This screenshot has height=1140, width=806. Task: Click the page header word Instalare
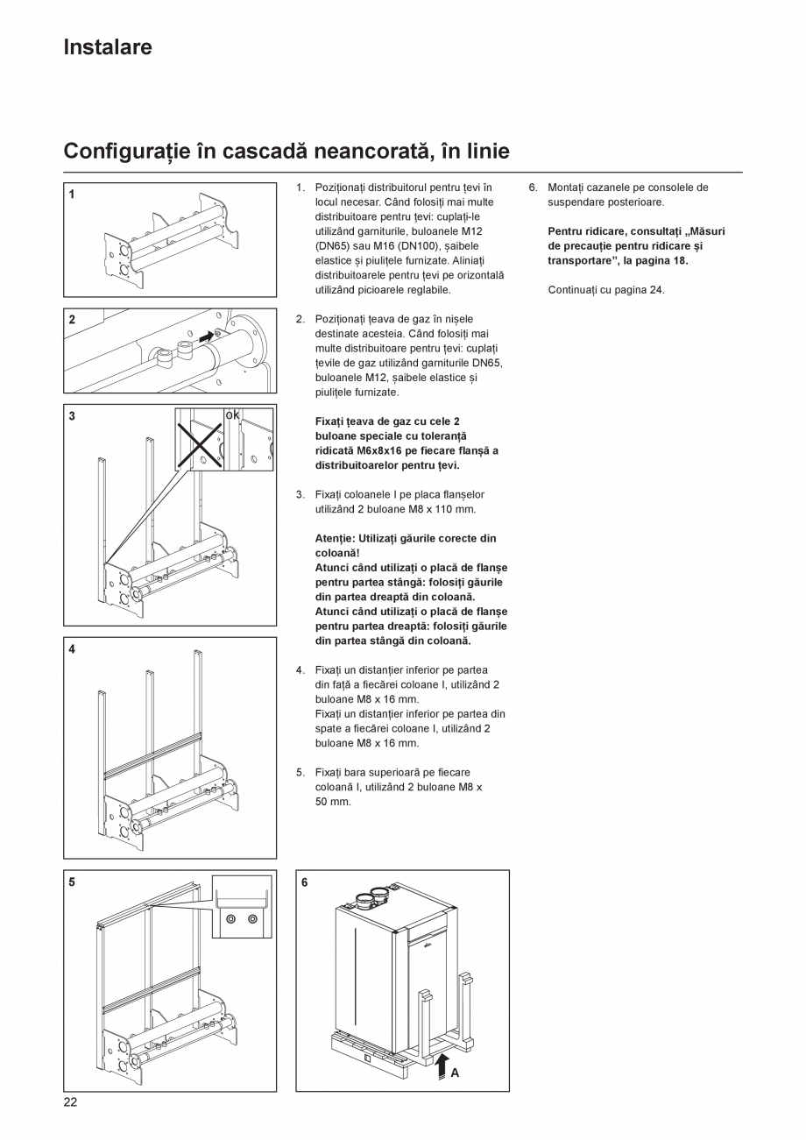[x=107, y=47]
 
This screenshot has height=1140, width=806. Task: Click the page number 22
[x=70, y=1102]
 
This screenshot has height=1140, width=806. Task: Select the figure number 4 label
[x=72, y=649]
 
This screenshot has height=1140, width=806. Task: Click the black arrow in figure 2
[x=205, y=336]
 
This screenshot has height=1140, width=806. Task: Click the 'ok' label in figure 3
[x=232, y=414]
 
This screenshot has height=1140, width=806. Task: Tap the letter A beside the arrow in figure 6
[x=455, y=1072]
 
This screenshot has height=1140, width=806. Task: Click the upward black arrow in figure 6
[x=442, y=1066]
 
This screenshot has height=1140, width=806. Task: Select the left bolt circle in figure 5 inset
[x=230, y=918]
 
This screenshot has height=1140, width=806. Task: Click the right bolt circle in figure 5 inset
[x=252, y=918]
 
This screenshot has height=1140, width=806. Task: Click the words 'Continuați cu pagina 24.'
[x=606, y=289]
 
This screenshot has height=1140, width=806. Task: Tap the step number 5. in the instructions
[x=300, y=772]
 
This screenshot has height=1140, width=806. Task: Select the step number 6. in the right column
[x=533, y=188]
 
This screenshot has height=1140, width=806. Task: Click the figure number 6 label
[x=304, y=882]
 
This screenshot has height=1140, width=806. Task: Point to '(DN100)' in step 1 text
[x=354, y=246]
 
